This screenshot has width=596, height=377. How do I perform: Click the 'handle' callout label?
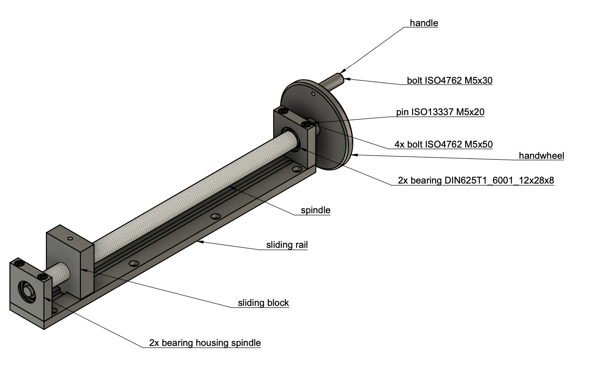pos(423,23)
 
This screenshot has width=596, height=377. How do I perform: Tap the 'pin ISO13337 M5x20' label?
pos(440,112)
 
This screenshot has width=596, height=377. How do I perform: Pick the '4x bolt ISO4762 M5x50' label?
pos(443,145)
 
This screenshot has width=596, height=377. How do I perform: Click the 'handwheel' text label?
pos(541,156)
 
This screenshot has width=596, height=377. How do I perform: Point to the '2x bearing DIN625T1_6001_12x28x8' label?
pos(476,181)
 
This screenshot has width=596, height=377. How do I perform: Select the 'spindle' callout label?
pos(316,211)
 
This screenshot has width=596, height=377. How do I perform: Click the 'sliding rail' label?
pos(287,245)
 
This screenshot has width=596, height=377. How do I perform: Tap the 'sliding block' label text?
pos(263,303)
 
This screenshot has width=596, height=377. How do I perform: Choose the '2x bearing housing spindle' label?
pos(205,343)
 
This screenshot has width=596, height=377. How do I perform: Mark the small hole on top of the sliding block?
pos(70,238)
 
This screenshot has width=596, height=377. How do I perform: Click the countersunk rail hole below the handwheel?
pos(296,170)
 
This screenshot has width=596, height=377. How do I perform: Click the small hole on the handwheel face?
pos(313,94)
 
